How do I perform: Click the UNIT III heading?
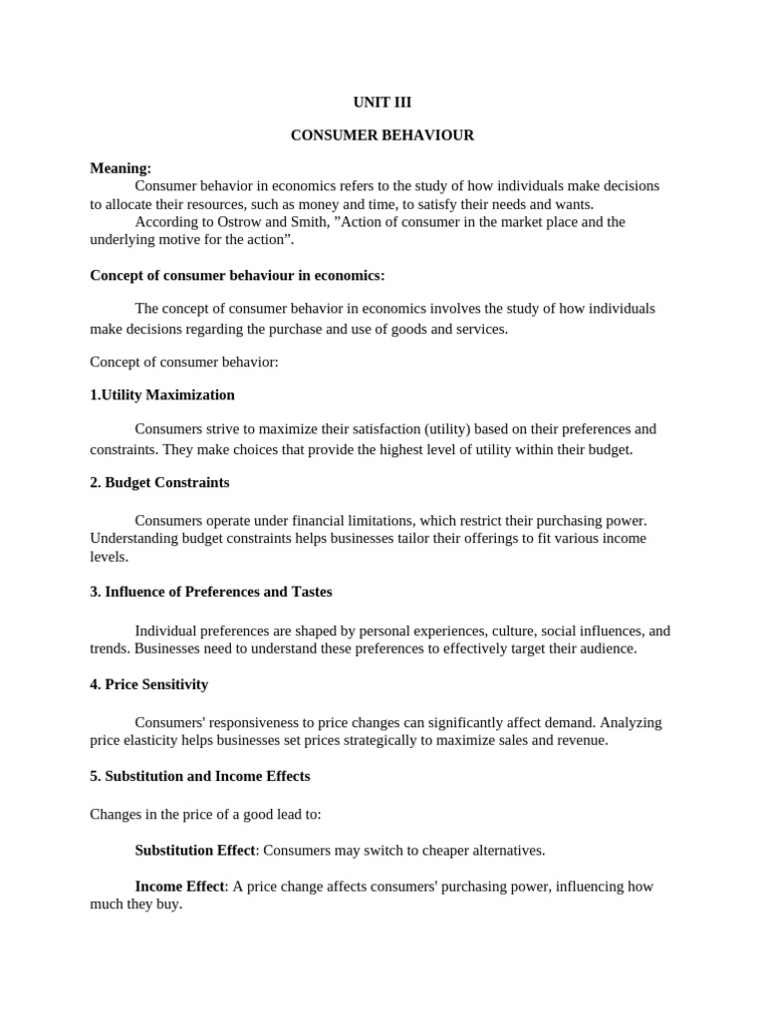(382, 102)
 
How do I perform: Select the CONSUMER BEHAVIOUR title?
(382, 135)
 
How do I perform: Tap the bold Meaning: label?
(121, 168)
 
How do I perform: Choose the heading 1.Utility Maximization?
(162, 394)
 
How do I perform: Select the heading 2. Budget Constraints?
(159, 482)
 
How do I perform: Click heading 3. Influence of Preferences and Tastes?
(211, 592)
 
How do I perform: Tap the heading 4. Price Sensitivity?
(149, 684)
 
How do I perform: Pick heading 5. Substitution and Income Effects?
(200, 776)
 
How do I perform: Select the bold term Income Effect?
(181, 887)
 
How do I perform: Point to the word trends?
(110, 649)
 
